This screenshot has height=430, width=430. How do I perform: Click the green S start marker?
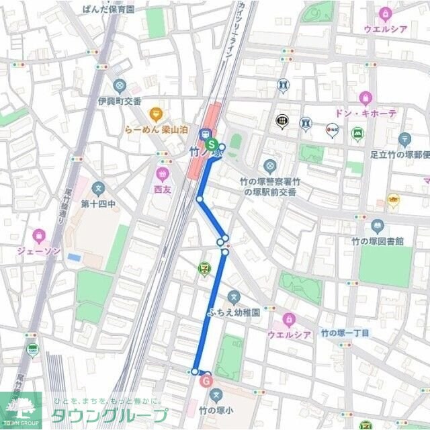pos(212,144)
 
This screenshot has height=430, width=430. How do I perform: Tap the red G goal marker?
pos(206,381)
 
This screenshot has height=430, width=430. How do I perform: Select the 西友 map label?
pos(162,189)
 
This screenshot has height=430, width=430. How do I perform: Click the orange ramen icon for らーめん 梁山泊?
pos(157,113)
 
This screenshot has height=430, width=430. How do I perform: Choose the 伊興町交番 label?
pos(120,101)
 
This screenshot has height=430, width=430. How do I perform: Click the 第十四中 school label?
pos(99,203)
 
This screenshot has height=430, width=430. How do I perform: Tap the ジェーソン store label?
pos(39,251)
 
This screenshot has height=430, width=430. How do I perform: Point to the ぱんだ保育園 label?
pos(108,9)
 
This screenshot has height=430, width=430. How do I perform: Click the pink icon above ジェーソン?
pos(39,235)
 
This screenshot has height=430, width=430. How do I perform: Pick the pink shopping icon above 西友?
pos(162,175)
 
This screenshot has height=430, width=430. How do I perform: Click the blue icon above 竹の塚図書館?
pos(378,226)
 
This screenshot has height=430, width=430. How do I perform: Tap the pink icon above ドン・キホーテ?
pos(365,98)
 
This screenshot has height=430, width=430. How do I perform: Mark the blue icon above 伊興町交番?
pos(120,86)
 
